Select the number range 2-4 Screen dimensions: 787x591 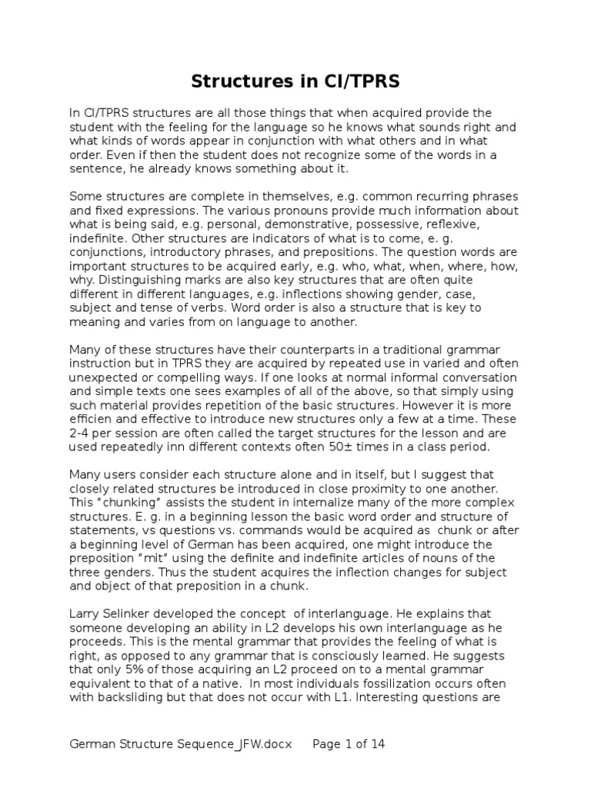(x=82, y=434)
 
